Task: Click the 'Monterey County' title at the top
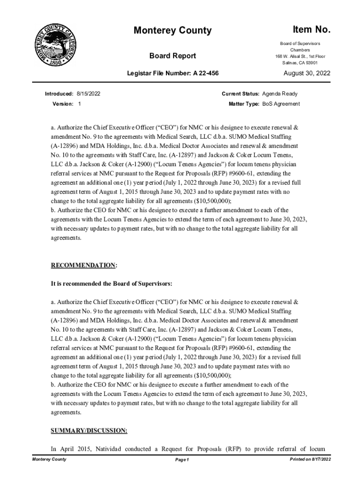tap(173, 31)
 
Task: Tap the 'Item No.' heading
tap(311, 30)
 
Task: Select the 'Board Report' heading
tap(173, 56)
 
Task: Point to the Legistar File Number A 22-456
tap(173, 74)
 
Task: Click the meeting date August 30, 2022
tap(306, 73)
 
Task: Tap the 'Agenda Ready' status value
tap(280, 94)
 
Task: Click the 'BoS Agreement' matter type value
tap(281, 104)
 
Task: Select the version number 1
tap(79, 104)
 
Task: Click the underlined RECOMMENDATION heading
tap(84, 265)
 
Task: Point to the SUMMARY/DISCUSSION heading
tap(88, 431)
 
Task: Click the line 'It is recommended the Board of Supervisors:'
tap(112, 284)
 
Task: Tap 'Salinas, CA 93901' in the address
tap(300, 63)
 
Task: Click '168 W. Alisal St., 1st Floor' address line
tap(300, 56)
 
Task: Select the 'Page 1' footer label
tap(182, 460)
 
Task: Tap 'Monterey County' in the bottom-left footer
tap(49, 459)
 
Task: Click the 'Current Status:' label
tap(241, 94)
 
